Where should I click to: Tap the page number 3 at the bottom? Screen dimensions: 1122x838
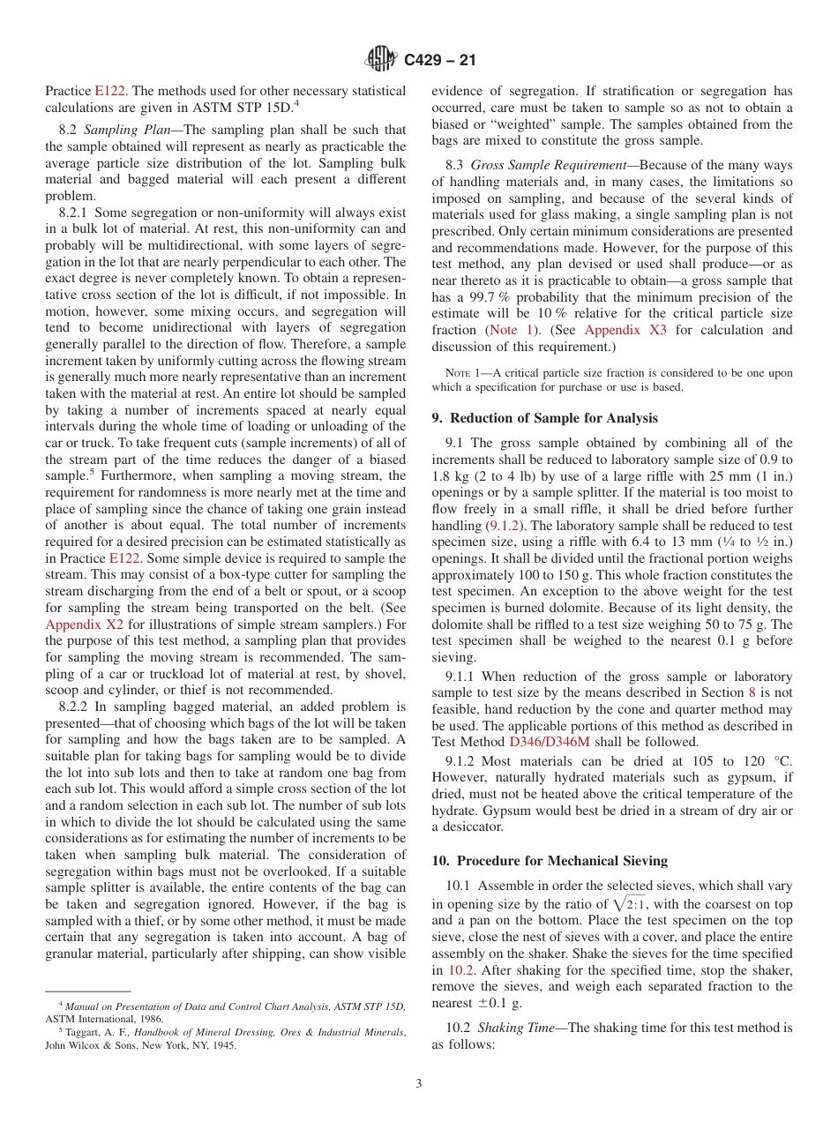point(419,1084)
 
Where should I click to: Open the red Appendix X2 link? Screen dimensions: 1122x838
point(85,625)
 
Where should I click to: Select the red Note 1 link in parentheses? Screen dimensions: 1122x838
point(516,330)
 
